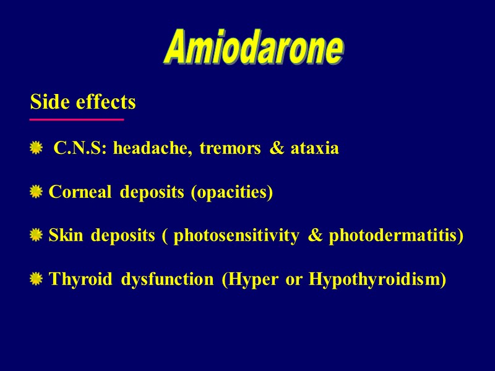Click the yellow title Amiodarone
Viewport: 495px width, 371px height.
(253, 49)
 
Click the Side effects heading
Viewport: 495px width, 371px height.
(83, 102)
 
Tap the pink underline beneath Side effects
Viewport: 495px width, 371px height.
(77, 119)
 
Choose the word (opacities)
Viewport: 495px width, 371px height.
(231, 193)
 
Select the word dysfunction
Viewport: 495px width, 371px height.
(167, 279)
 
